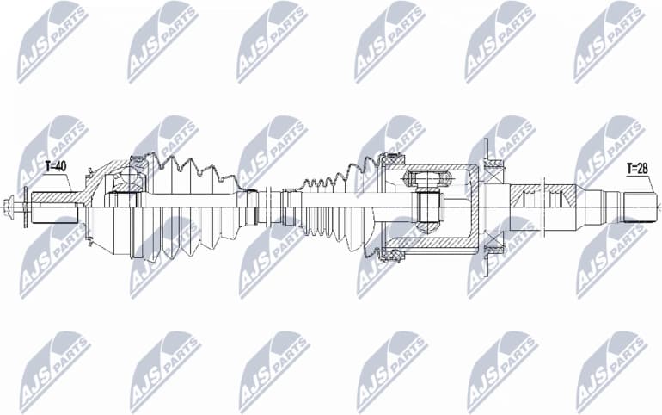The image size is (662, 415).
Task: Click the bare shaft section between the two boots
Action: click(x=271, y=207)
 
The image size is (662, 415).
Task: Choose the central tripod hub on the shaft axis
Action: click(x=427, y=207)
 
